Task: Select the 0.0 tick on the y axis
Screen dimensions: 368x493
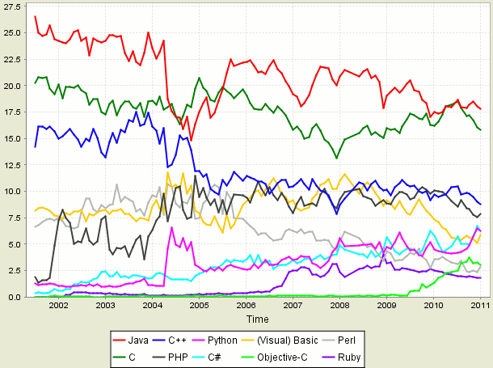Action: tap(15, 297)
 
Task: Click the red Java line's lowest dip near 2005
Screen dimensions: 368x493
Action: tap(192, 141)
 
